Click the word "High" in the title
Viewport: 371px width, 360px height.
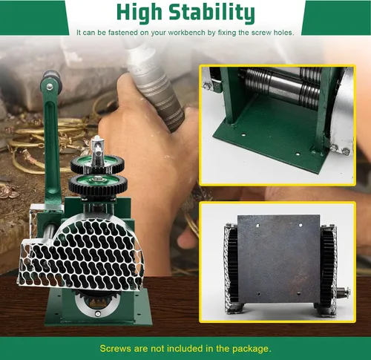(139, 13)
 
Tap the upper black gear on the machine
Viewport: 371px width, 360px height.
(97, 164)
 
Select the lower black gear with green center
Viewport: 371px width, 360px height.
(98, 184)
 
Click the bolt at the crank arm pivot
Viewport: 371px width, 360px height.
(50, 87)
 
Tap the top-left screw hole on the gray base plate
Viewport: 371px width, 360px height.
(257, 226)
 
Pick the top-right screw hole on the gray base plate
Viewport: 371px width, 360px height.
(301, 225)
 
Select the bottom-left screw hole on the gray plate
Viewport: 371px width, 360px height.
(259, 294)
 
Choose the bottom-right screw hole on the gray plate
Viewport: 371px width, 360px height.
(299, 294)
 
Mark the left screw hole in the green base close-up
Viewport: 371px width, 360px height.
(243, 135)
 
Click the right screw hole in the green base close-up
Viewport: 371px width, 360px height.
(298, 154)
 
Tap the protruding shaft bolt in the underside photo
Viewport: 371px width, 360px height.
(343, 292)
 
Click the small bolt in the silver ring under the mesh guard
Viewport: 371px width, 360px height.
(98, 314)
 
